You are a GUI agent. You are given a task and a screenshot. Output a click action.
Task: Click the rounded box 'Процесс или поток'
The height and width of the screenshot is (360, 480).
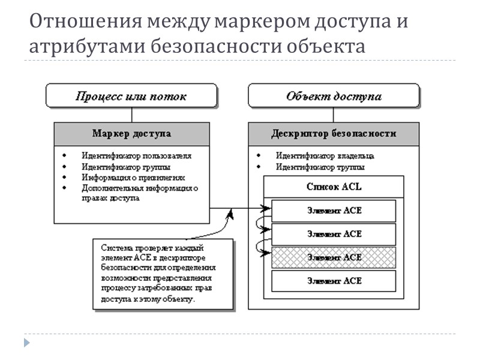tap(131, 96)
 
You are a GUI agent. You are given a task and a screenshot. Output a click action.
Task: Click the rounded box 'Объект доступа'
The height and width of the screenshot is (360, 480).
tap(334, 96)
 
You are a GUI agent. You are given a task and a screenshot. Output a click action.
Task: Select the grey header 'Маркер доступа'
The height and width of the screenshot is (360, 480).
tap(131, 133)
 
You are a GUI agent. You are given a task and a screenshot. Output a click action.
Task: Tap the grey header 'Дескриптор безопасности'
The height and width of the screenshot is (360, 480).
tap(334, 133)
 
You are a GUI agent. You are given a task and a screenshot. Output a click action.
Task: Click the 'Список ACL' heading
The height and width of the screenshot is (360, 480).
tap(334, 187)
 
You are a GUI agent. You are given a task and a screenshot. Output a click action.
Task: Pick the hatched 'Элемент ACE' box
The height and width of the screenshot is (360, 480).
tap(334, 257)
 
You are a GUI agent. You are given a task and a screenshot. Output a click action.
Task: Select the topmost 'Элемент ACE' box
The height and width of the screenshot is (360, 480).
tap(334, 211)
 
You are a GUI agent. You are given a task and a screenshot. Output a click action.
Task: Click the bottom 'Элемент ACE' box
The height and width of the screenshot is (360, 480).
tap(334, 280)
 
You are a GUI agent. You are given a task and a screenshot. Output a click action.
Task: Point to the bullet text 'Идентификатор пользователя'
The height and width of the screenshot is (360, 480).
tap(136, 155)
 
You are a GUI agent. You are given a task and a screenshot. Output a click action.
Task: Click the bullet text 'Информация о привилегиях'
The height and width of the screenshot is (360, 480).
tap(133, 178)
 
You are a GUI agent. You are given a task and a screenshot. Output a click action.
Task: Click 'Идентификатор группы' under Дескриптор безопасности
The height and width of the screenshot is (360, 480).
tap(320, 167)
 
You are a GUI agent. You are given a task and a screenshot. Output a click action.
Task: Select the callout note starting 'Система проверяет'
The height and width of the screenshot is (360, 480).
tap(162, 273)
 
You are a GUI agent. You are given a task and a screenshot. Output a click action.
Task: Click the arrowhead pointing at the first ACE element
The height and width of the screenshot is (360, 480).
tap(265, 209)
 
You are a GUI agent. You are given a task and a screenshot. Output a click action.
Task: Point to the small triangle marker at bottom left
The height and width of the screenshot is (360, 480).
tap(26, 343)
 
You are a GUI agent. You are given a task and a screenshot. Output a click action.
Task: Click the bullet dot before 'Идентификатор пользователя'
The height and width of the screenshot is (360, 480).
tap(65, 155)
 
